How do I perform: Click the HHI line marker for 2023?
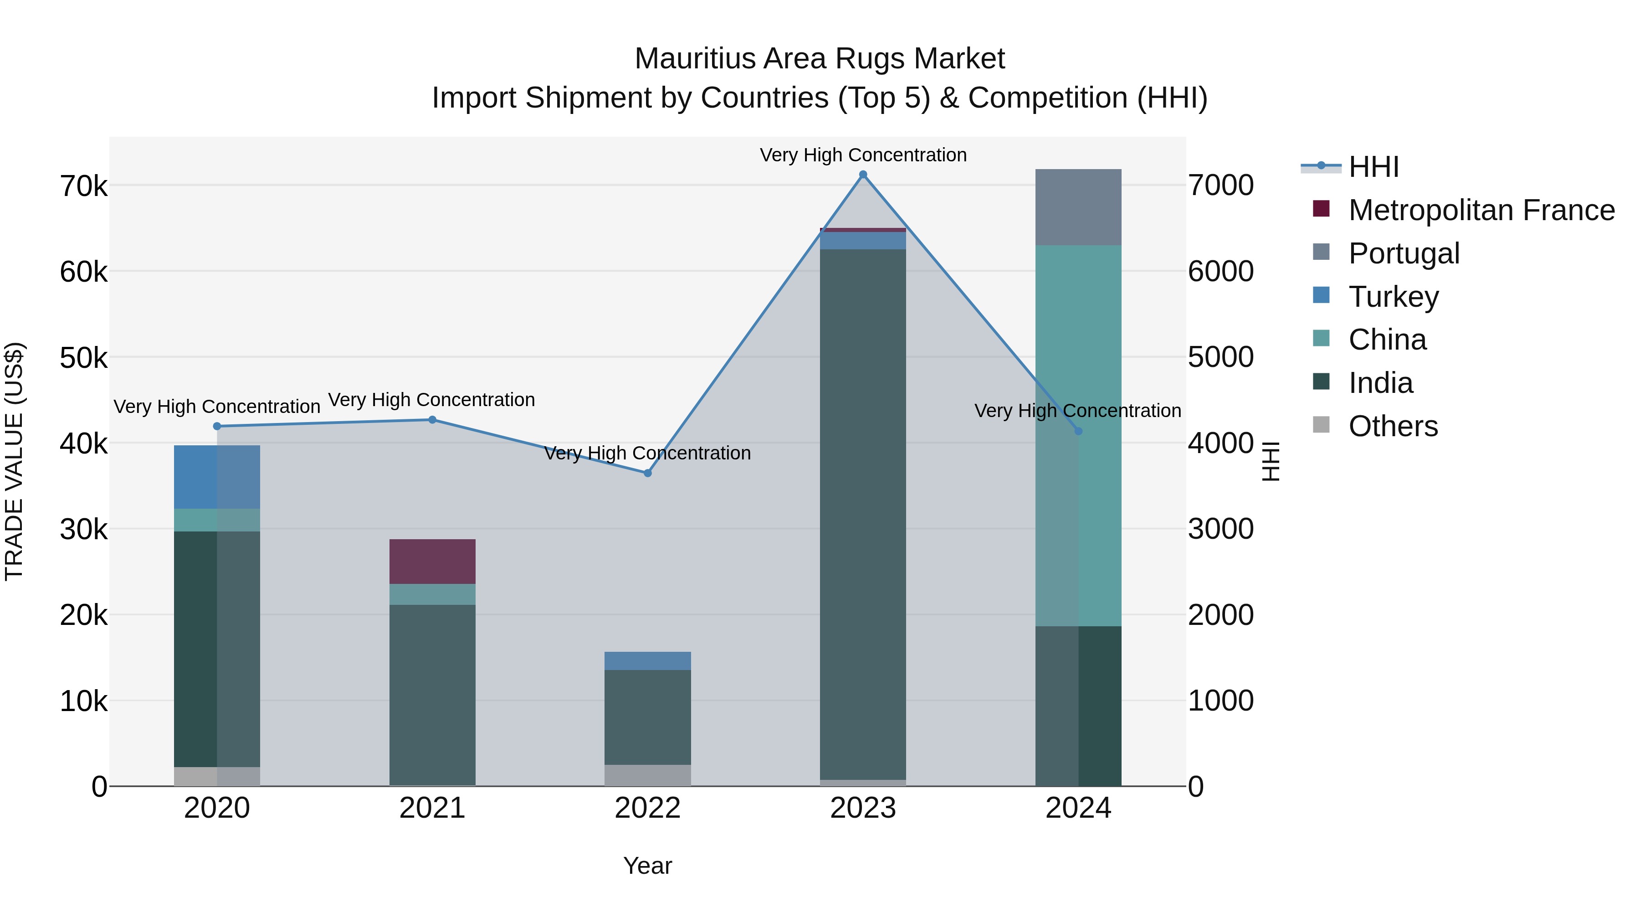(x=863, y=175)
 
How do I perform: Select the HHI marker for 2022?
(x=647, y=473)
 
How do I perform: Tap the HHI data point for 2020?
(x=217, y=426)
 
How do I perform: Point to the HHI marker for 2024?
(x=1078, y=431)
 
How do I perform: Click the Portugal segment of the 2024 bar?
(x=1078, y=207)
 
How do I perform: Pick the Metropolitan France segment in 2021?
(x=432, y=561)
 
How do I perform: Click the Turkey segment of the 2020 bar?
(x=217, y=476)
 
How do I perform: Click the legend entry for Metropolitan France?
(x=1481, y=210)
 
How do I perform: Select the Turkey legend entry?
(x=1393, y=297)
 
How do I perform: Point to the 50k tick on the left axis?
(x=83, y=358)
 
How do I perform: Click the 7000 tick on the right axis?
(x=1220, y=186)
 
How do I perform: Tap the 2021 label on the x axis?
(x=432, y=808)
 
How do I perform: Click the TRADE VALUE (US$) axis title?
(x=14, y=461)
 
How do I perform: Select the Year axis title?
(x=647, y=866)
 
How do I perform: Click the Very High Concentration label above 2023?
(x=863, y=155)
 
